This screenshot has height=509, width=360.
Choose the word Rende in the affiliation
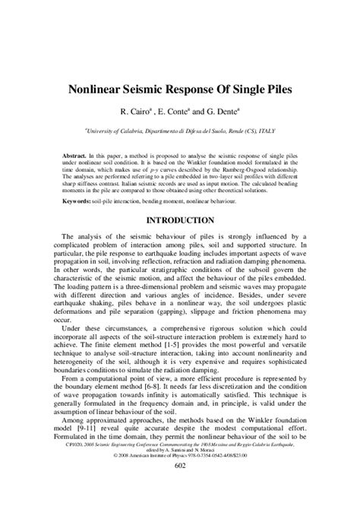tap(228, 130)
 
